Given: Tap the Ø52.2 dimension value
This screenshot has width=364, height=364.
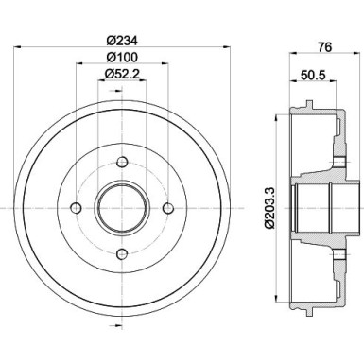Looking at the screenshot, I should coord(123,75).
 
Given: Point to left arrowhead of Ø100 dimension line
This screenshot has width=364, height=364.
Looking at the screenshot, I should coord(78,66).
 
